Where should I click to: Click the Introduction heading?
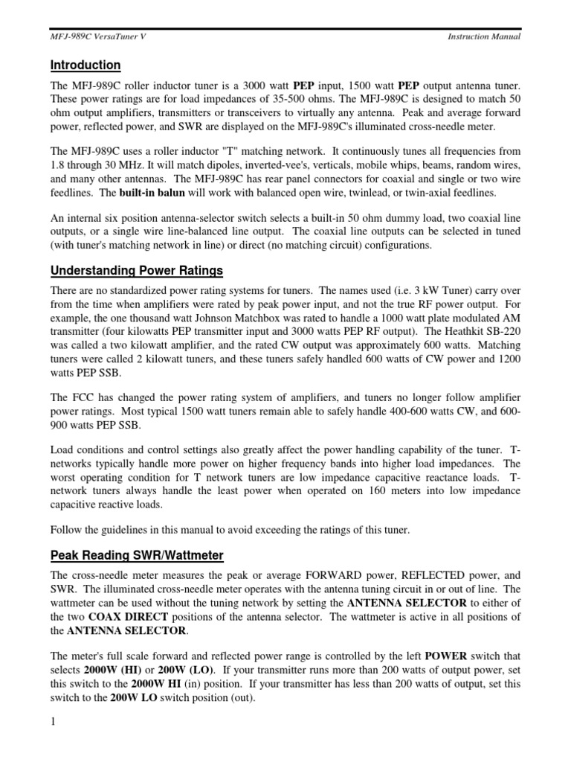click(x=86, y=65)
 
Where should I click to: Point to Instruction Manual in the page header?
click(x=484, y=36)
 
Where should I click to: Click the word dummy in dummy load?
click(x=375, y=218)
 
